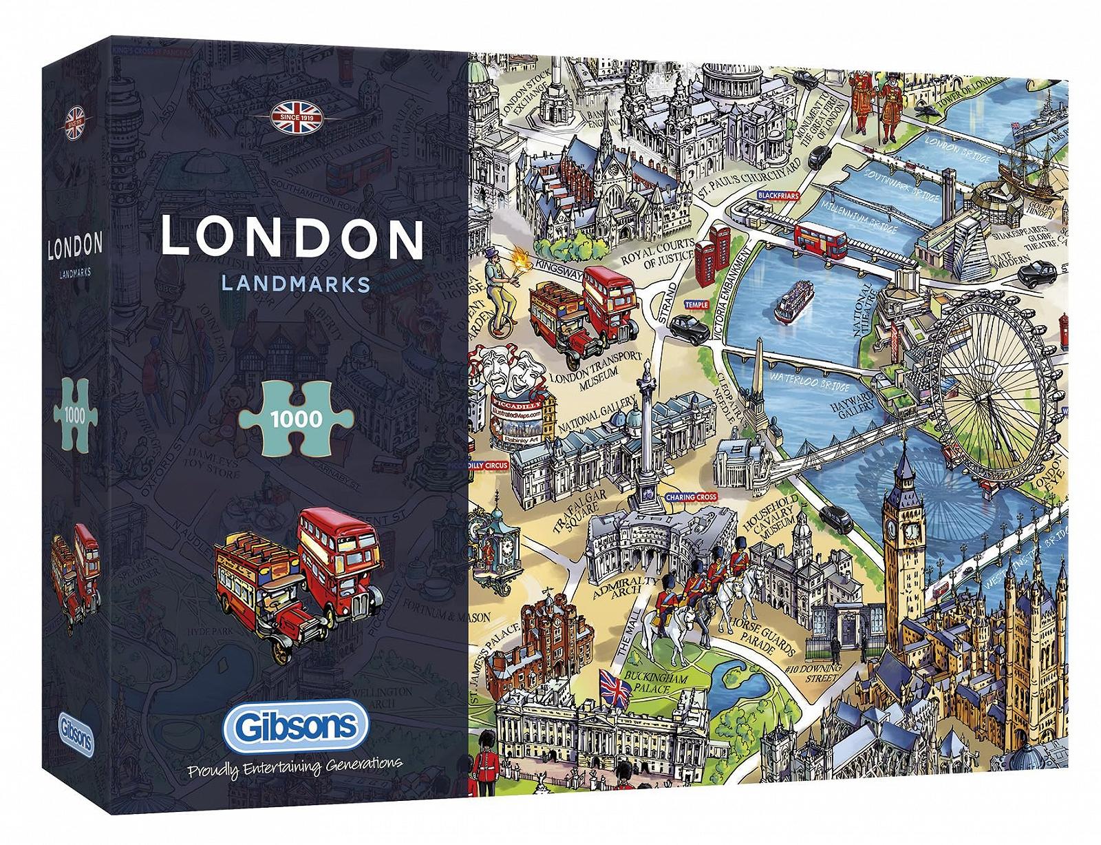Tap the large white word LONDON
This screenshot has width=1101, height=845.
[292, 238]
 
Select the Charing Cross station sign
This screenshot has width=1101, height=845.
[690, 497]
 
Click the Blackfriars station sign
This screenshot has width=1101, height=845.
[778, 196]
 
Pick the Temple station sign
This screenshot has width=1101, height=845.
[696, 304]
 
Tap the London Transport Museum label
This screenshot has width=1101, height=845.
[597, 372]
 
